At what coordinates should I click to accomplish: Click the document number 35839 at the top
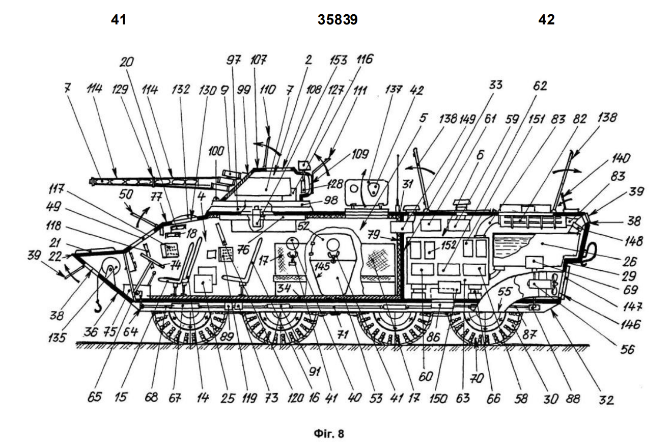pos(338,20)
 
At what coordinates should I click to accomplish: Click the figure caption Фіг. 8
pos(328,434)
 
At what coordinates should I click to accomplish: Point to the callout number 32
pos(606,400)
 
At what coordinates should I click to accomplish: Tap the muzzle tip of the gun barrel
pos(92,181)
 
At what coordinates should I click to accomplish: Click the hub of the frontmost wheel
pos(189,318)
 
